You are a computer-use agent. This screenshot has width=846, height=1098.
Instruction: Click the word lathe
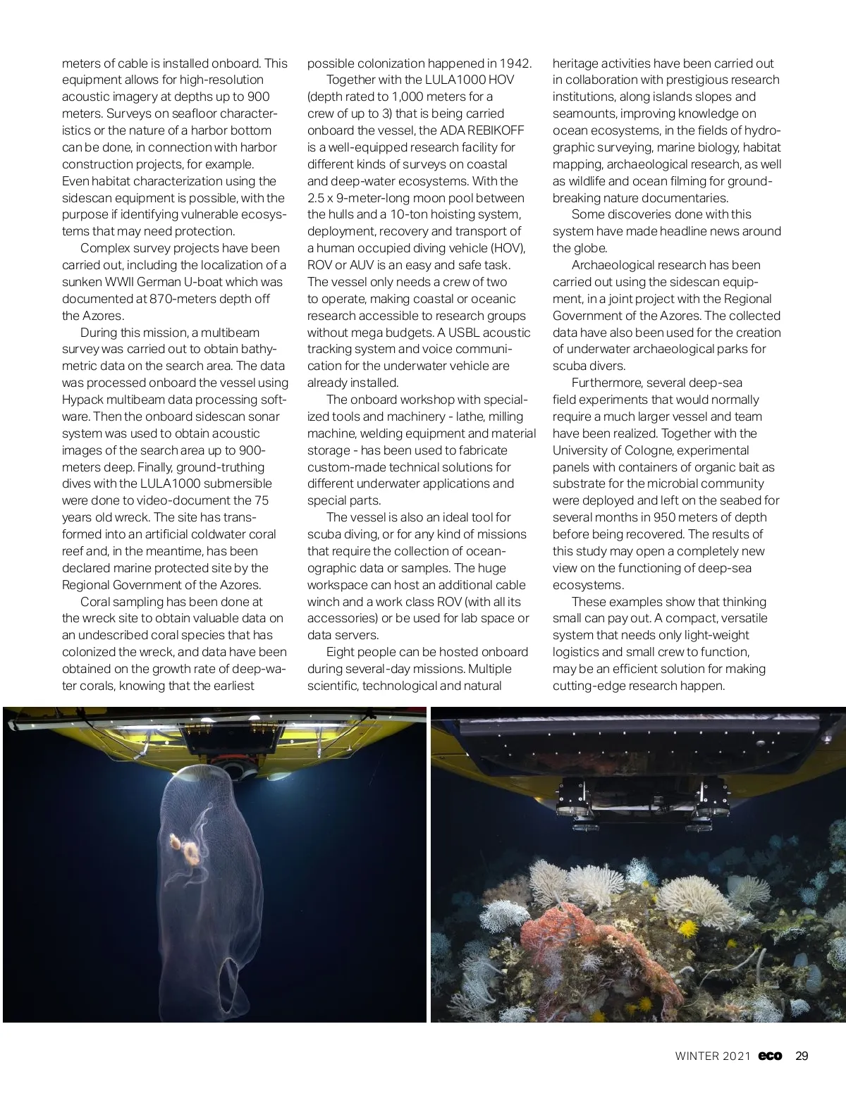tap(470, 417)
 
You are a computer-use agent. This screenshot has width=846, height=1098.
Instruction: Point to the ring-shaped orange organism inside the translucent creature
tap(190, 853)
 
